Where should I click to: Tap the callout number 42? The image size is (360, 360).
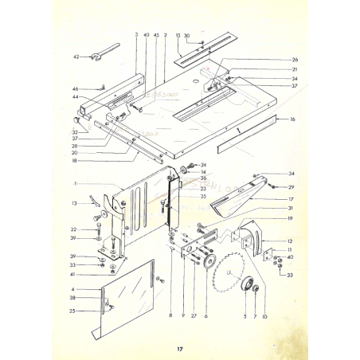pos(76,57)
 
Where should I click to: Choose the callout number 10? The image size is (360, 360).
pos(264,316)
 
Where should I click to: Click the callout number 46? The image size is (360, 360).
pos(76,88)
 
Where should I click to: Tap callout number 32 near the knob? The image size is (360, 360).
pos(75,133)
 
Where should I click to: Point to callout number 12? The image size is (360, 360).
pos(291,241)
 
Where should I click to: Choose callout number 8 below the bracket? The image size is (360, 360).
pos(170,316)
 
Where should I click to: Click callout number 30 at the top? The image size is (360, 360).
pos(186,37)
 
